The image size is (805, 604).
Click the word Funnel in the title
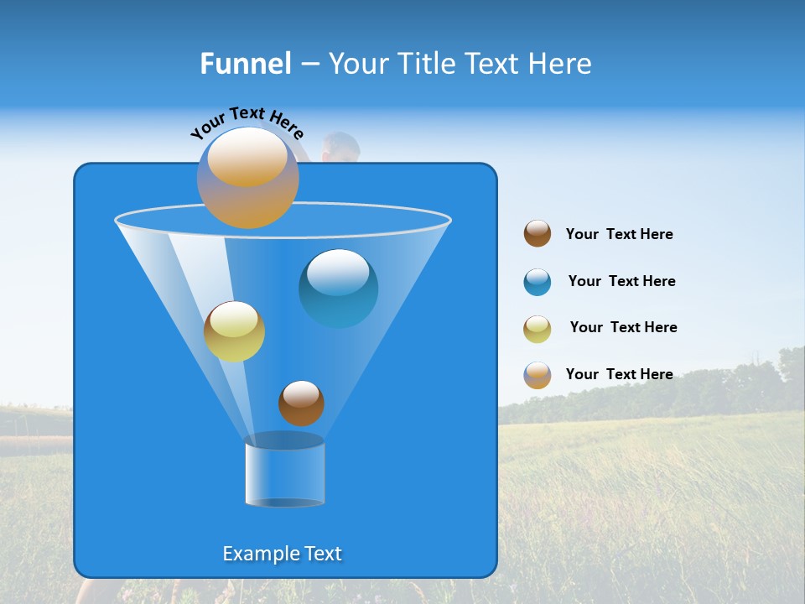point(245,64)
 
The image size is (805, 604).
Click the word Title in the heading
point(426,64)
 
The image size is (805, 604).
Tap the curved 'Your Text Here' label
point(247,122)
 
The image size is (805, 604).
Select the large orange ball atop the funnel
point(248,178)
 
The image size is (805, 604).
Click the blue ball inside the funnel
point(338,288)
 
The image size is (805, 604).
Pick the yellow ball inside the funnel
point(234,331)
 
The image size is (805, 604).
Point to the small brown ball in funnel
point(301,403)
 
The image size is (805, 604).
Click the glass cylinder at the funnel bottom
point(284,471)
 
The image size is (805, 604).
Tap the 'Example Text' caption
point(283,554)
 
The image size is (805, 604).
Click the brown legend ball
point(538,234)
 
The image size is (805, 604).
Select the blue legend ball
point(538,282)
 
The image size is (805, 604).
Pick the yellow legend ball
point(538,329)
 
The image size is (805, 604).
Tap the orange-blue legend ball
point(538,375)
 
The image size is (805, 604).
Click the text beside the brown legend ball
point(619,235)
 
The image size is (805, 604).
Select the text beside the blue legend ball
point(621,282)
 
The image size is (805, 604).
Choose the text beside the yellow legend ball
point(623,328)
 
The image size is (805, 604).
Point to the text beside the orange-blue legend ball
point(619,374)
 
